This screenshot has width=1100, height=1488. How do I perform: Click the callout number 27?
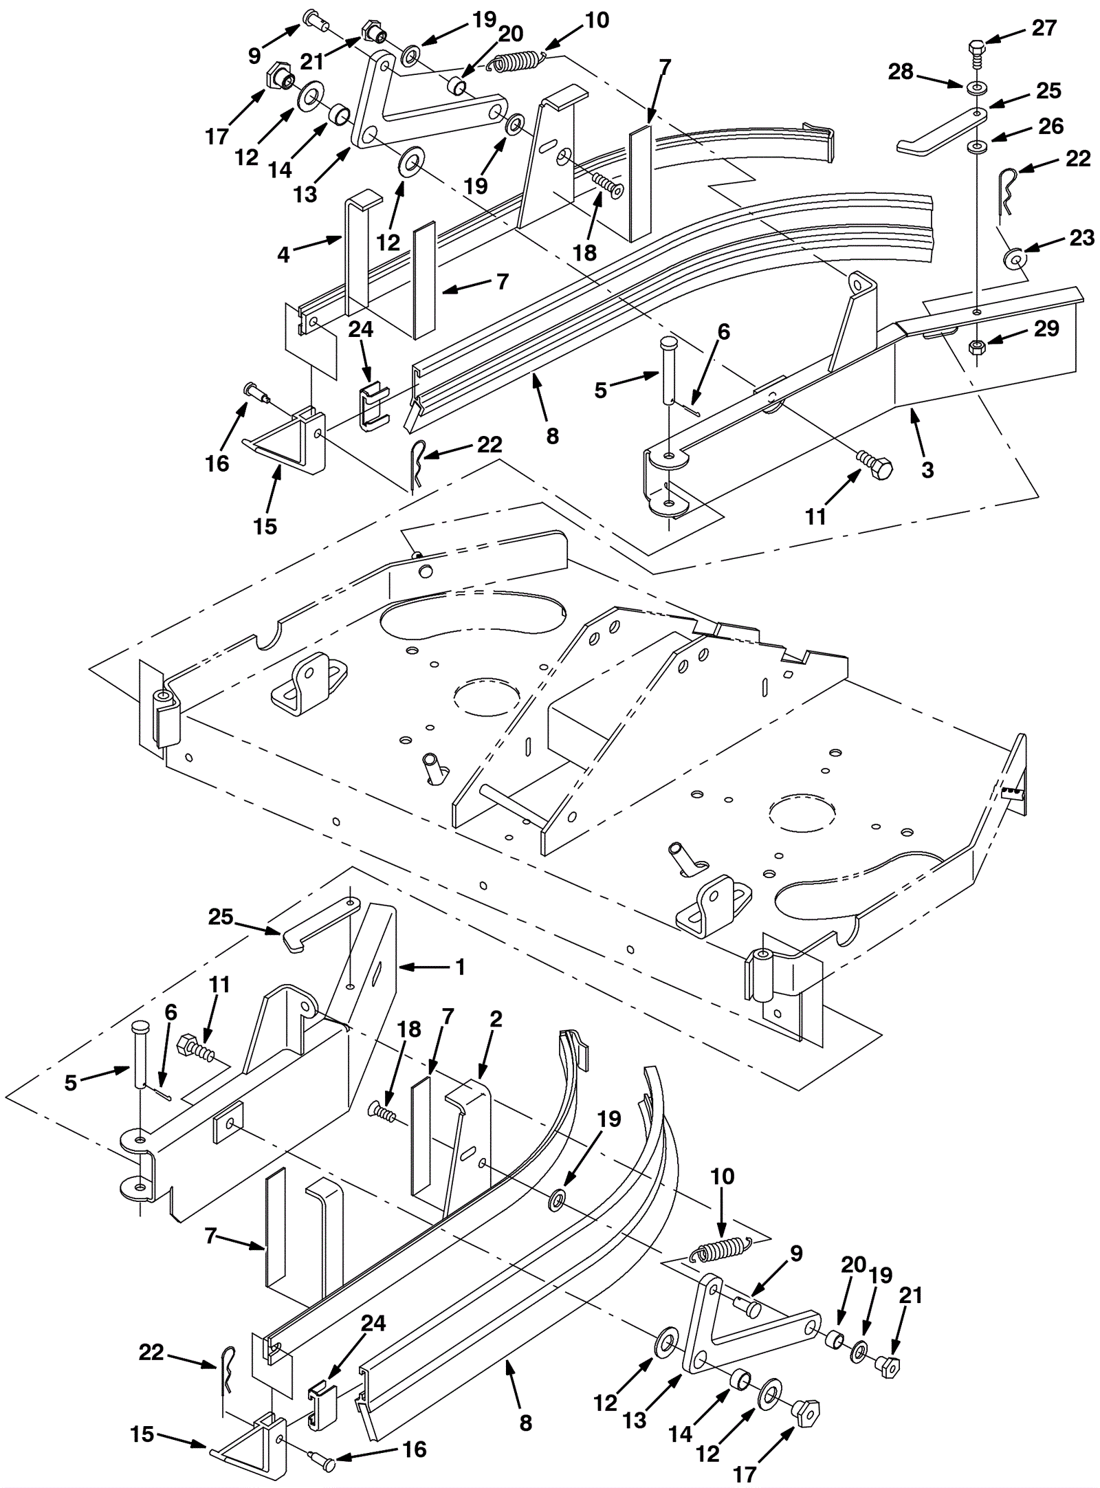[1044, 28]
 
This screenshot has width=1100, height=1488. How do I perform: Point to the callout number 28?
[901, 71]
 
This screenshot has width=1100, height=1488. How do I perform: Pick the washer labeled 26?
[976, 146]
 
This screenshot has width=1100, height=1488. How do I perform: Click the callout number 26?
[1050, 126]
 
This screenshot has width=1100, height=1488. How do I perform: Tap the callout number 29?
[1046, 328]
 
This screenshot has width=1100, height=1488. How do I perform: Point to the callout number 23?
[1081, 238]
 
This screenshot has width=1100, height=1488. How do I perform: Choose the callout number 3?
[927, 470]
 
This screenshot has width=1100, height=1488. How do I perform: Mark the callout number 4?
[284, 254]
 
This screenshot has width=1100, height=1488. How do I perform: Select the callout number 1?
[460, 967]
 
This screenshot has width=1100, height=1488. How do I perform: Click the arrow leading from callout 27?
[1006, 36]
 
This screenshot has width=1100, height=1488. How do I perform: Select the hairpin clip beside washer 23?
[1006, 190]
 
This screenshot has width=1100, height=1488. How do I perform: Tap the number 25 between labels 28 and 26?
[1048, 90]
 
